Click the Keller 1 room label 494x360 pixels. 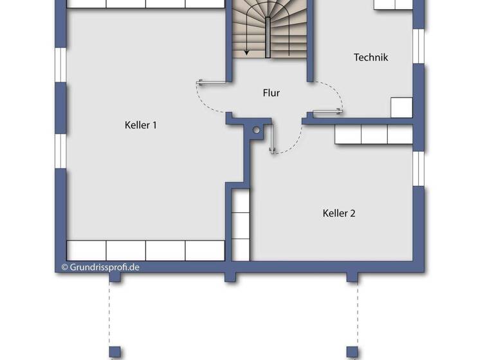pyautogui.click(x=140, y=125)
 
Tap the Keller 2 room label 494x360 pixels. pyautogui.click(x=338, y=213)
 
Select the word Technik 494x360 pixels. pyautogui.click(x=370, y=57)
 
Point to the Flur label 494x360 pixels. pyautogui.click(x=271, y=93)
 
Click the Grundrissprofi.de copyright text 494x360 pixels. pyautogui.click(x=100, y=266)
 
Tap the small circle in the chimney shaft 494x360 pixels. pyautogui.click(x=256, y=130)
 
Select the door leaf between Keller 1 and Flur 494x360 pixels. pyautogui.click(x=212, y=82)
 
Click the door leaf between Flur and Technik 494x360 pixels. pyautogui.click(x=327, y=112)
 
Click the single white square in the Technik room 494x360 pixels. pyautogui.click(x=401, y=107)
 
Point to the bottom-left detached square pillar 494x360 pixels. pyautogui.click(x=115, y=352)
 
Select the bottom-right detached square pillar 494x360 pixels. pyautogui.click(x=352, y=352)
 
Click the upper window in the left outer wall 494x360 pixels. pyautogui.click(x=60, y=64)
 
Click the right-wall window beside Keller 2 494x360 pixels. pyautogui.click(x=419, y=167)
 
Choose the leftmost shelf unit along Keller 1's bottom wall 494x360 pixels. pyautogui.click(x=86, y=250)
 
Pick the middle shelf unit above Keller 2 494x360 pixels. pyautogui.click(x=374, y=134)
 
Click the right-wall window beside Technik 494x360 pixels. pyautogui.click(x=419, y=46)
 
